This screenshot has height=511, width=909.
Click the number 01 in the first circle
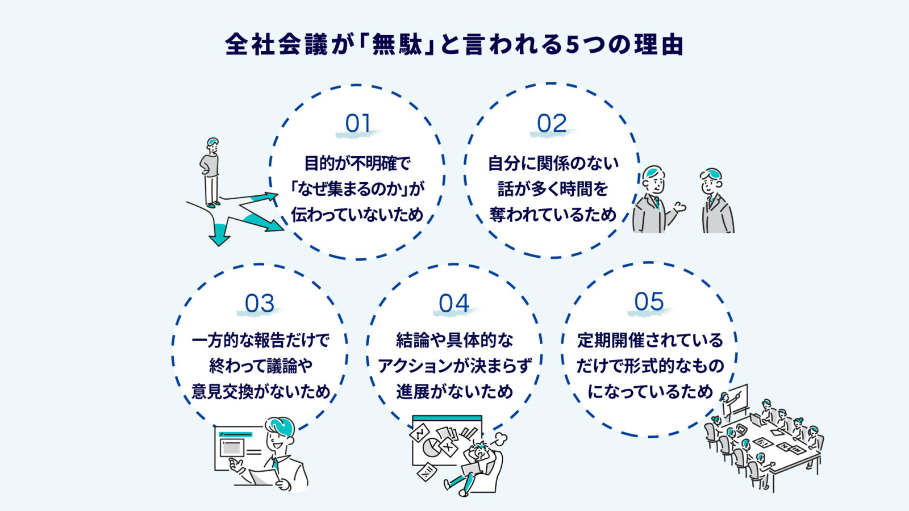tap(358, 124)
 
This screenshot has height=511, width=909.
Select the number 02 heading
tap(552, 124)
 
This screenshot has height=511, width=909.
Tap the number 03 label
tap(260, 304)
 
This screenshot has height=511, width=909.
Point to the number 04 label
tap(454, 304)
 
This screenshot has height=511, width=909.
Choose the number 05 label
tap(649, 302)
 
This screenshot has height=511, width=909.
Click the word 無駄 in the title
tap(397, 45)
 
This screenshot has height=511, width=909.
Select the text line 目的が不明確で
tap(357, 164)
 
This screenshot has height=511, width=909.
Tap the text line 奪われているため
tap(552, 215)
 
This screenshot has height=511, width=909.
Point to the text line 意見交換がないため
tap(260, 392)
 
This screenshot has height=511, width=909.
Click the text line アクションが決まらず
tap(454, 366)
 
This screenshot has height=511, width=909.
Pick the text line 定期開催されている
tap(650, 340)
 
